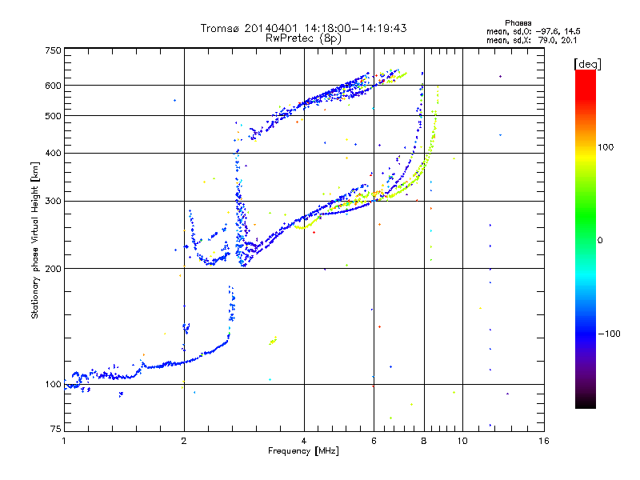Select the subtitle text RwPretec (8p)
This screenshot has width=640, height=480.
click(x=303, y=38)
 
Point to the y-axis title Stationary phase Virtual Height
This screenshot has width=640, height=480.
click(x=35, y=240)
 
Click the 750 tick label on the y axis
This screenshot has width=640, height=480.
click(x=53, y=50)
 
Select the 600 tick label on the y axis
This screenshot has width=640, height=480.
click(x=53, y=86)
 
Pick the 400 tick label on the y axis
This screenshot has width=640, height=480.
click(x=53, y=153)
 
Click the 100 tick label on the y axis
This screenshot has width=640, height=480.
click(x=53, y=384)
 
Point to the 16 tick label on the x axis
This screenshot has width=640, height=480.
click(x=543, y=441)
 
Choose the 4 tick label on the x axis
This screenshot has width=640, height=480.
click(x=304, y=441)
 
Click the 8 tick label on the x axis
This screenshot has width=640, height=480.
click(x=424, y=441)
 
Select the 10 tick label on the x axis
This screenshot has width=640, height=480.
click(x=462, y=441)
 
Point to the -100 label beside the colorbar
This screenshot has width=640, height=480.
click(x=610, y=334)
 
